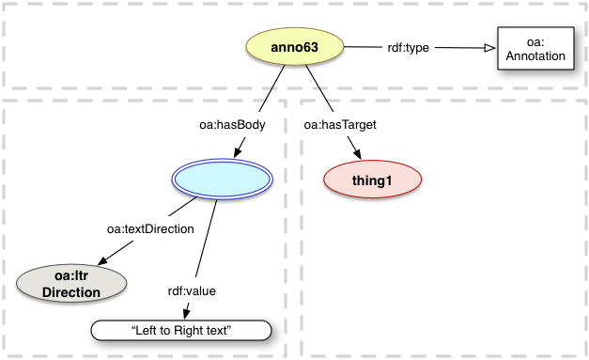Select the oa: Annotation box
coord(532,48)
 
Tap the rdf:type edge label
coord(410,47)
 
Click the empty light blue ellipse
coord(224,178)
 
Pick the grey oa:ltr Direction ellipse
coord(71,284)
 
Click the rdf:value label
coord(192,290)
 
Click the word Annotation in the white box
coord(533,55)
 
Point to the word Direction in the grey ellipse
coord(71,292)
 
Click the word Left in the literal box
coord(148,330)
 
